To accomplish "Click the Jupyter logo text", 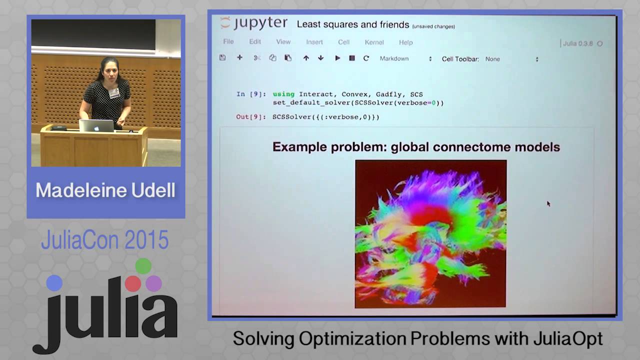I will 254,23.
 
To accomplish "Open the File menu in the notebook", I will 228,42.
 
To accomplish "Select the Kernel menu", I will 374,42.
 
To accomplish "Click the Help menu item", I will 405,42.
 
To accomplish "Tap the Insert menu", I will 314,42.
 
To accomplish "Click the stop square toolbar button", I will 352,58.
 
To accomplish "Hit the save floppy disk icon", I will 222,58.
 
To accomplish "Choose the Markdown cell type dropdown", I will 405,59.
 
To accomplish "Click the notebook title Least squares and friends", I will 353,24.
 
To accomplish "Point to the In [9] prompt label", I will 250,94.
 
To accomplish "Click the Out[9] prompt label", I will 250,117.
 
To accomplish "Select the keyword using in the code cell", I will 283,94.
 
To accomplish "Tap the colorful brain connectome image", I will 430,233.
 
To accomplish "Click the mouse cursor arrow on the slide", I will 548,203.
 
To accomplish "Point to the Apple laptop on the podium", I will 96,125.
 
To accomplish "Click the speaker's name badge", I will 114,92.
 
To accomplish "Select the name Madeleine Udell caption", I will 105,190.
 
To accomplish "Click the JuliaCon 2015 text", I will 104,240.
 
